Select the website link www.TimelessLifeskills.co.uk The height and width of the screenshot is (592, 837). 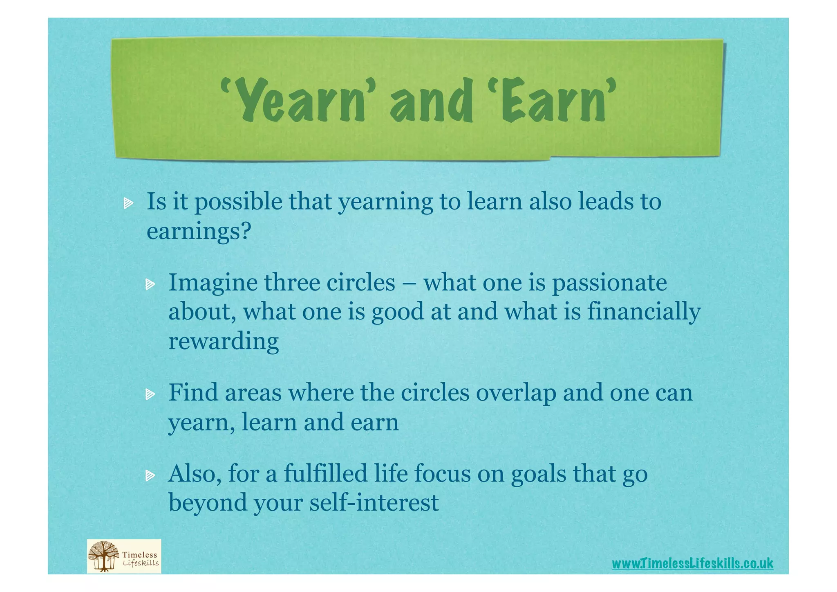692,563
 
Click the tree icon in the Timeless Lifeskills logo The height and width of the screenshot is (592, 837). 103,556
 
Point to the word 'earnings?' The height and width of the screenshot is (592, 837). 199,231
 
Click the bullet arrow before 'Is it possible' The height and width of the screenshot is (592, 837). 128,203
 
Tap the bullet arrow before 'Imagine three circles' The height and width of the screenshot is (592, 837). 150,284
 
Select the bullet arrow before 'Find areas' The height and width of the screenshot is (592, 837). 150,394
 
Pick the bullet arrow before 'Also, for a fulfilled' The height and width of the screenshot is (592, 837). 150,475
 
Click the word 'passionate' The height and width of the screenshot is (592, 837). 609,283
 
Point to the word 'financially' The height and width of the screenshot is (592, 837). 644,312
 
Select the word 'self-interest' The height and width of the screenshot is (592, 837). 374,502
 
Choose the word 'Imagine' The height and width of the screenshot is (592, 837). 213,283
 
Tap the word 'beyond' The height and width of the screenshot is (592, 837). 208,502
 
